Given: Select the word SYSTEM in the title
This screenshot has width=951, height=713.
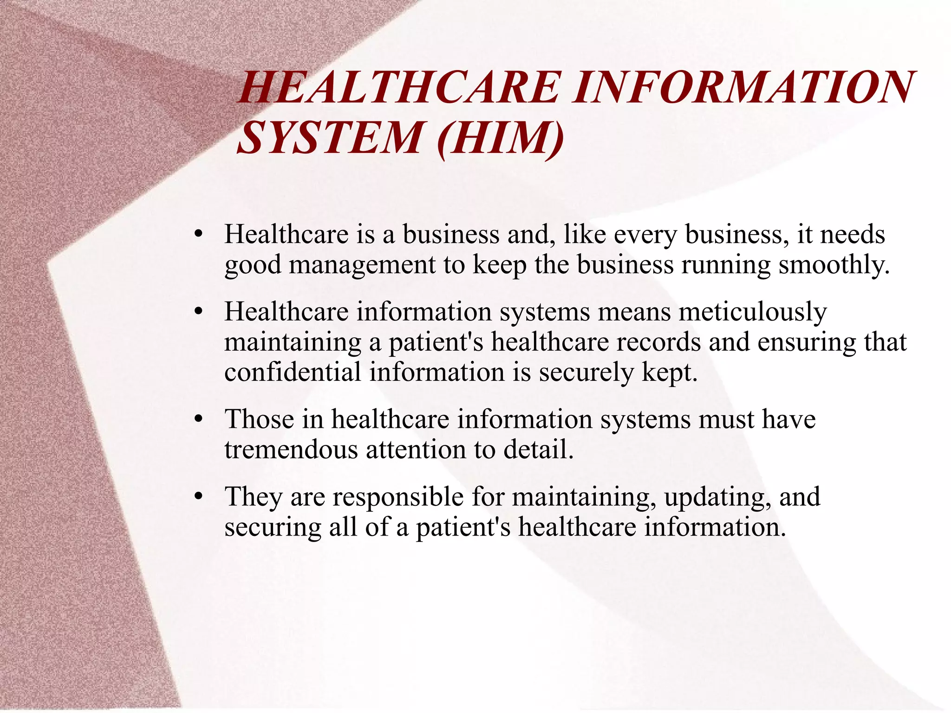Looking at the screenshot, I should tap(330, 138).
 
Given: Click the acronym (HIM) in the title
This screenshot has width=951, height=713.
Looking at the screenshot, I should tap(501, 138).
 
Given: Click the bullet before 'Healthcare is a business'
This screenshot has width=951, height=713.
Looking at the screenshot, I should tap(199, 235).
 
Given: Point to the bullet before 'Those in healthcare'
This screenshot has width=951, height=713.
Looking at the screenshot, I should tap(199, 420).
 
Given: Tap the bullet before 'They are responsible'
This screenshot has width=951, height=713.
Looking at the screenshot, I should tap(199, 497).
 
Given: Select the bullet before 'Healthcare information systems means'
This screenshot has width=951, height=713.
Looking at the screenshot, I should tap(199, 312).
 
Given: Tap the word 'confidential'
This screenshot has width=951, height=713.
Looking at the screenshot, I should tap(293, 372).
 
